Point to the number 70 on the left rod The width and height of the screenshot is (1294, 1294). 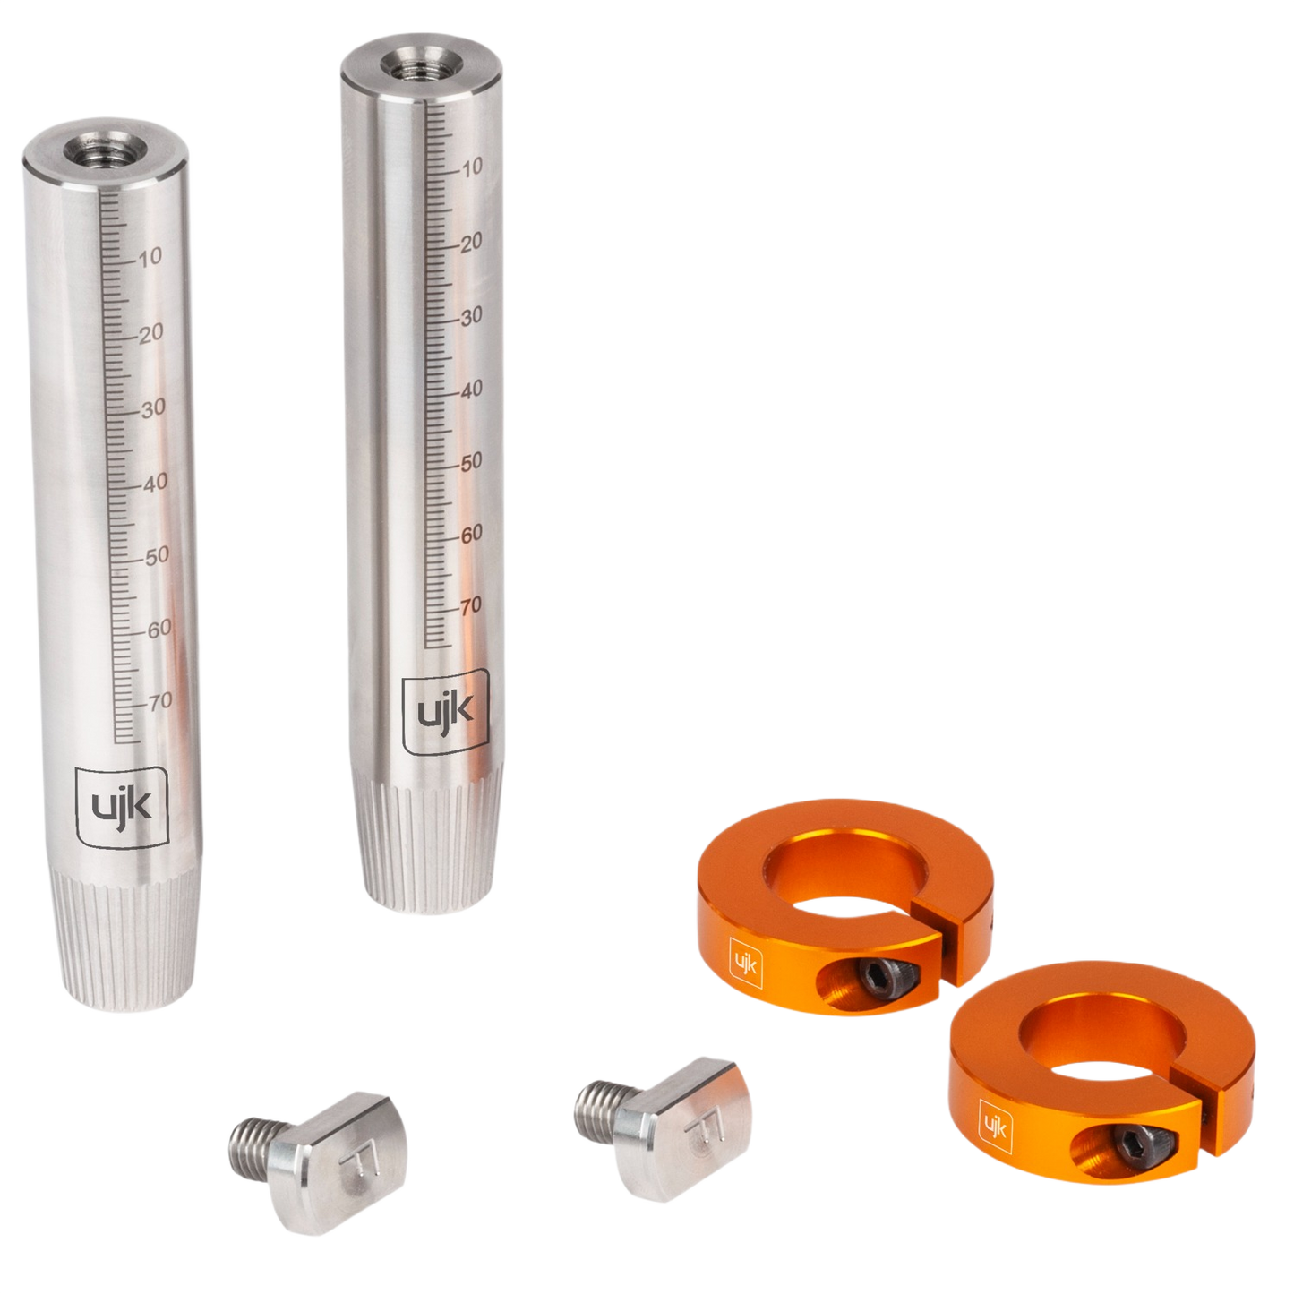click(161, 701)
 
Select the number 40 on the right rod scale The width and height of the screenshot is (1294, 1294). click(470, 389)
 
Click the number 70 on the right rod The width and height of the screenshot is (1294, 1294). click(470, 605)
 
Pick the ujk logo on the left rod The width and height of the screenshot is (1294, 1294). click(122, 806)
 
